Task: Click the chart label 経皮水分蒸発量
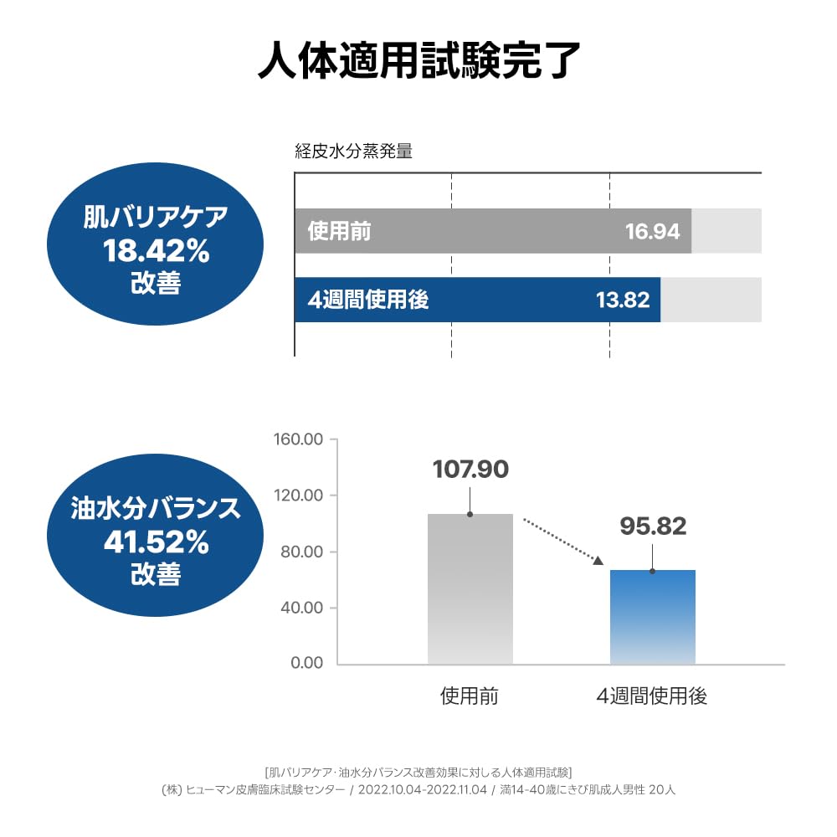point(353,151)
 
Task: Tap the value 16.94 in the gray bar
point(653,231)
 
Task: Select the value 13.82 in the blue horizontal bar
point(623,300)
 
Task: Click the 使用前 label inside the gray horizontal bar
point(339,231)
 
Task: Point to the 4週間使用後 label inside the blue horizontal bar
point(368,300)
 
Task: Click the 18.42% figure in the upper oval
point(156,250)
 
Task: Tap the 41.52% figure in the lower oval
point(156,542)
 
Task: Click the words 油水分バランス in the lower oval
point(156,509)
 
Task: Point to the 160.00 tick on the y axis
point(299,439)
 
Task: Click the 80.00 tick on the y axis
point(302,552)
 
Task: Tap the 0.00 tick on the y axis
point(306,663)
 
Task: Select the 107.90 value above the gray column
point(470,470)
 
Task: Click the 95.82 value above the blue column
point(653,526)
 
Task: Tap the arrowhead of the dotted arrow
point(598,560)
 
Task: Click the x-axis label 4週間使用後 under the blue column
point(652,696)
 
